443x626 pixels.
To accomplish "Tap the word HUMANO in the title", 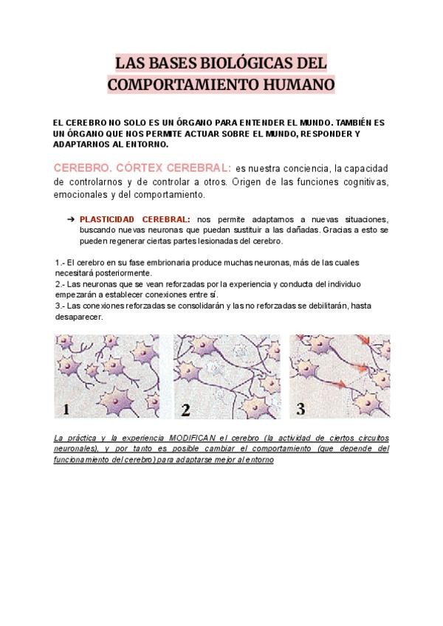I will point(298,83).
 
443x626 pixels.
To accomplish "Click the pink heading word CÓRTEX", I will point(135,167).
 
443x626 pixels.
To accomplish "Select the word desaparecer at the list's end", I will point(79,316).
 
